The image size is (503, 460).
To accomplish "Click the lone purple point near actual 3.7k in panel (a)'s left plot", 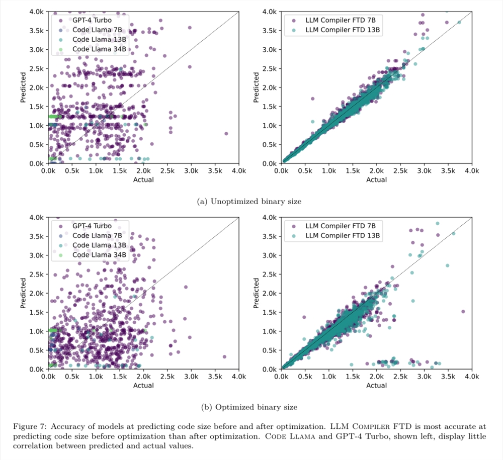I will click(226, 134).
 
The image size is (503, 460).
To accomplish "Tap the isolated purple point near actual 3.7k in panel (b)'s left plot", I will click(224, 357).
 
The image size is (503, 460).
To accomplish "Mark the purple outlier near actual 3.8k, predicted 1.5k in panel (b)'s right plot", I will click(463, 312).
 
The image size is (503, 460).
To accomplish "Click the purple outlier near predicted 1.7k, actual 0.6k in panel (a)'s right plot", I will click(312, 99).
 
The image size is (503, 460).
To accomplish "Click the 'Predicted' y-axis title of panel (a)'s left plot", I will click(23, 87).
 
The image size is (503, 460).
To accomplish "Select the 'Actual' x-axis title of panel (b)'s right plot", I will click(376, 386).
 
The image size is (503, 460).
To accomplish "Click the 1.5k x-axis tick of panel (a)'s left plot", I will click(120, 171).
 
